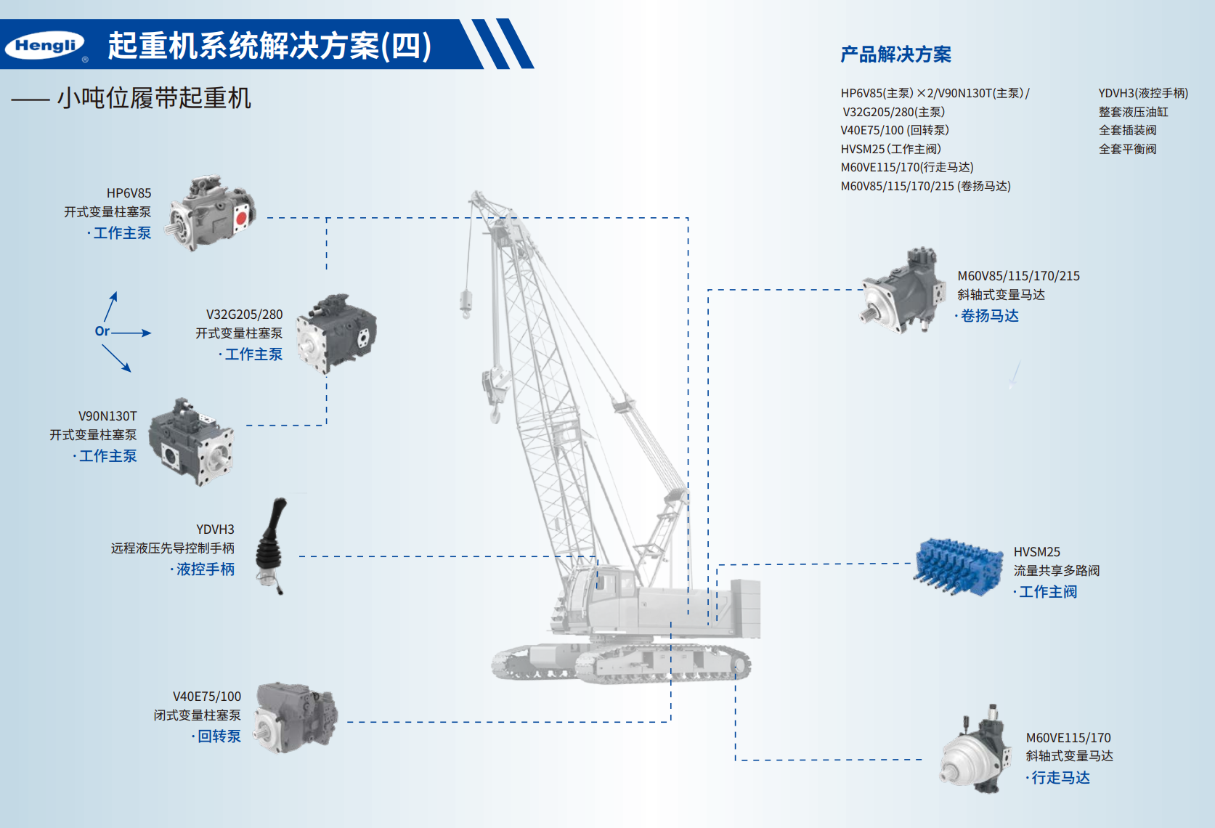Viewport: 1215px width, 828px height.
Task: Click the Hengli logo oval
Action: (x=45, y=46)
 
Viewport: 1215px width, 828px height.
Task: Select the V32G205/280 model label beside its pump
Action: (x=244, y=314)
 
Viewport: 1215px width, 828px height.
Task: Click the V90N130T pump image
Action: (x=192, y=442)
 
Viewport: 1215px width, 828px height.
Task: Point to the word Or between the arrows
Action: (x=102, y=331)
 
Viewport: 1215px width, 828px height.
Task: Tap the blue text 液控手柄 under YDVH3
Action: (x=206, y=569)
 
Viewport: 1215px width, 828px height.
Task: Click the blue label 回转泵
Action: (x=219, y=736)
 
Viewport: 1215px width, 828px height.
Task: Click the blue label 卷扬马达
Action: (x=989, y=316)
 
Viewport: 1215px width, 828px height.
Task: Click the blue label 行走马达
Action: (x=1060, y=778)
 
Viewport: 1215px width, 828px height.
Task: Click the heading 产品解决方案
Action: (x=895, y=54)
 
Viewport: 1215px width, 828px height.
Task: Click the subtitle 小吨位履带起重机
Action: (x=154, y=98)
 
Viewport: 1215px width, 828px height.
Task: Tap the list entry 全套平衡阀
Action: (x=1127, y=149)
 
